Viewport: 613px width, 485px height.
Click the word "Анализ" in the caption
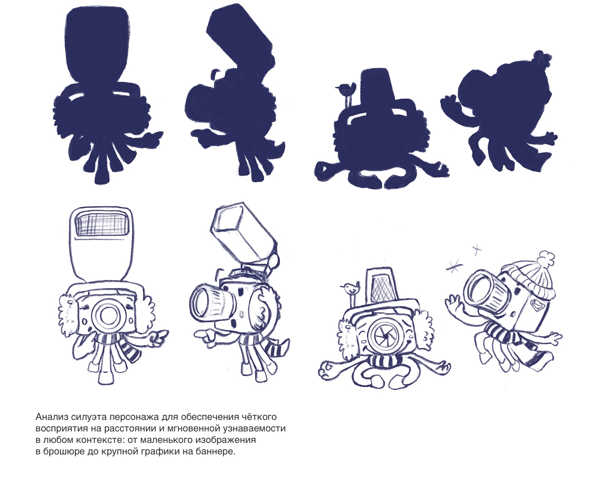point(52,417)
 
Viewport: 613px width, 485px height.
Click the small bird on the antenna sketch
point(350,288)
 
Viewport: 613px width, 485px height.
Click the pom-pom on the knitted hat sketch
point(545,259)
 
